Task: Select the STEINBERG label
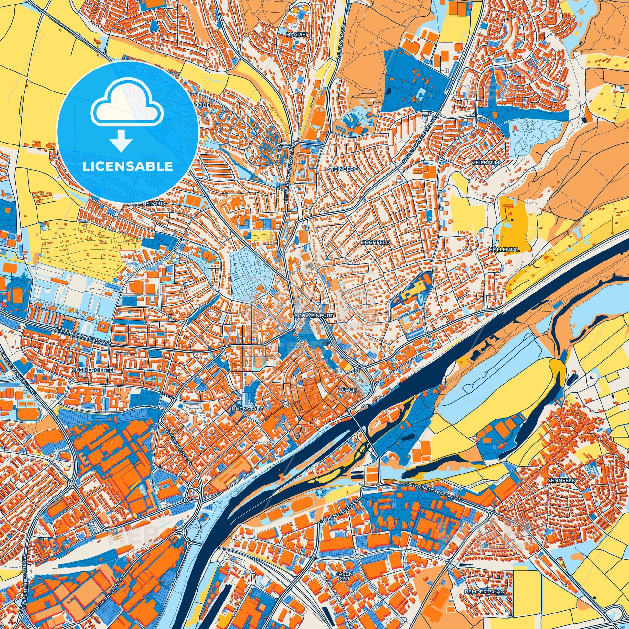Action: tap(338, 169)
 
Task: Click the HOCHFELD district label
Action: tap(371, 242)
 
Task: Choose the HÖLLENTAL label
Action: tap(504, 250)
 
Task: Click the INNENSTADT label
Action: tap(241, 408)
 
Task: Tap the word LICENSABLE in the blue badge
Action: tap(127, 166)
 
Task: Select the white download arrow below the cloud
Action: tap(121, 140)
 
